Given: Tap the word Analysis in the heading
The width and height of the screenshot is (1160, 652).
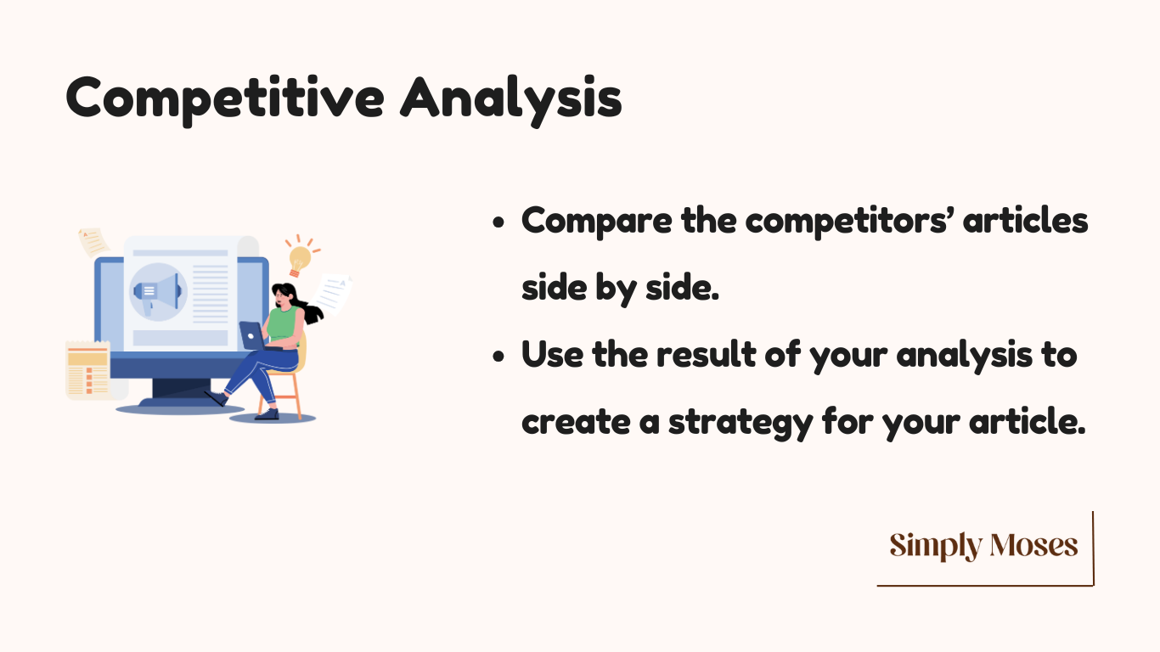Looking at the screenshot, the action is click(x=511, y=99).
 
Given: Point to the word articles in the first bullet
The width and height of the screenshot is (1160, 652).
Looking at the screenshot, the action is click(x=1025, y=220).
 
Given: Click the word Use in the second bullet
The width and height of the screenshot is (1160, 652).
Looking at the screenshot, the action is click(x=552, y=355).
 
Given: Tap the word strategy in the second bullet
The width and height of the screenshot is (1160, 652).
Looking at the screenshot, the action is click(x=741, y=424).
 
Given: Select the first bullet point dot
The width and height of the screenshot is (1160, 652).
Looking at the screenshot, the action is click(x=498, y=222).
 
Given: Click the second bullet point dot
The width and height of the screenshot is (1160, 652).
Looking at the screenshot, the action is click(x=498, y=357).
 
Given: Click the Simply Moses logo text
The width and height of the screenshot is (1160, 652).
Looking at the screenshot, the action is click(x=983, y=546).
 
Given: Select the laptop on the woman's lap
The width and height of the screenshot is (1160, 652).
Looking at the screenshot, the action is click(x=255, y=336).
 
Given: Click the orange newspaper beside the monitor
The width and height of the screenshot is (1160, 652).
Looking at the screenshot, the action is click(x=88, y=369).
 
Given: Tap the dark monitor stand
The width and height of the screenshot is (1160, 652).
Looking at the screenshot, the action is click(x=181, y=392).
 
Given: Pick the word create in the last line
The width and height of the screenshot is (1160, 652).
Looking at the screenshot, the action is click(x=576, y=422).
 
